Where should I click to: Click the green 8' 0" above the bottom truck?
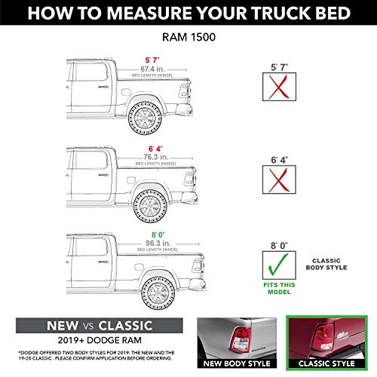point(155,234)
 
